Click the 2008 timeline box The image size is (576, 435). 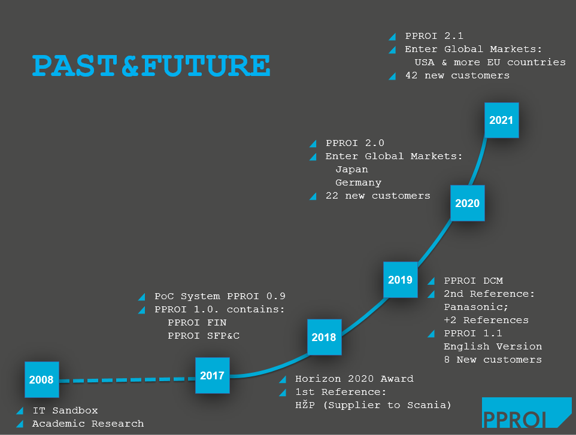tap(41, 379)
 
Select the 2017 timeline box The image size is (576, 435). tap(212, 376)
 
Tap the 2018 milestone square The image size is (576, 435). tap(324, 337)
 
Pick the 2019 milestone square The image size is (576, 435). tap(400, 279)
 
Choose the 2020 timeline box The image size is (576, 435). tap(467, 203)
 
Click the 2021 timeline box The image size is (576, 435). tap(501, 120)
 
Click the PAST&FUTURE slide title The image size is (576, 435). tap(151, 65)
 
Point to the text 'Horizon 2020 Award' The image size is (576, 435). tap(354, 379)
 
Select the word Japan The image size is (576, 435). tap(351, 169)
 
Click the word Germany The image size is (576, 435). tap(358, 182)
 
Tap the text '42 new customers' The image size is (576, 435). tap(457, 75)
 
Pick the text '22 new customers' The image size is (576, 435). tap(377, 196)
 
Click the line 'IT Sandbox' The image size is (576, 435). tap(65, 410)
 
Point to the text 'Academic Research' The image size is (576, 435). tap(87, 424)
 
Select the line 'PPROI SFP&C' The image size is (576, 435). tap(204, 336)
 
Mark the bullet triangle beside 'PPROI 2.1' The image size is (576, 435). tap(392, 36)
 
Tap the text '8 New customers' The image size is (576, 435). tap(492, 360)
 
